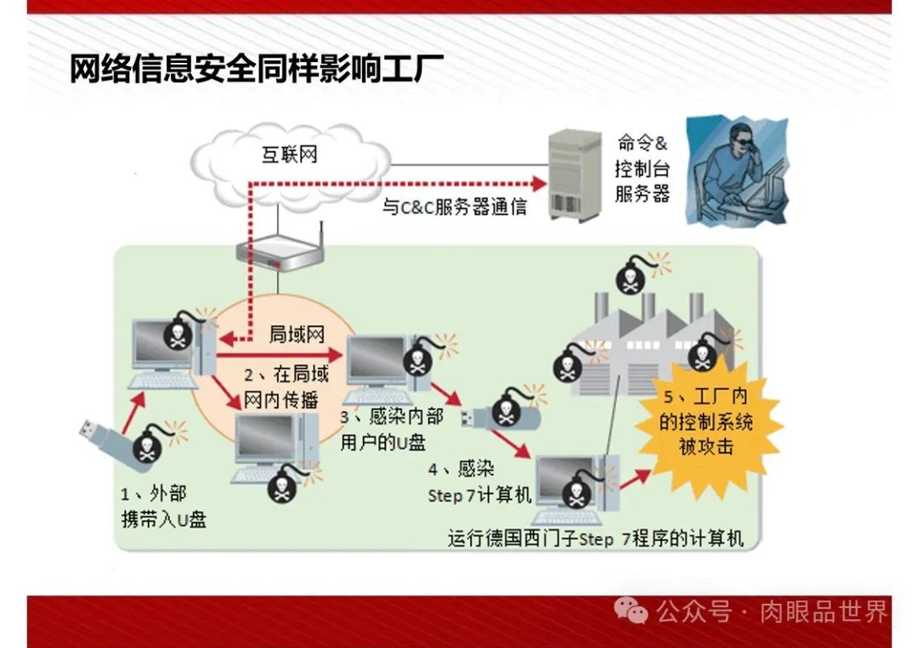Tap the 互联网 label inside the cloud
(x=289, y=155)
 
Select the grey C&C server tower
(x=574, y=174)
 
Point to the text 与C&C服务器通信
(x=454, y=206)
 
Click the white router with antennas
(x=280, y=249)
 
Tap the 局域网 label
(x=297, y=334)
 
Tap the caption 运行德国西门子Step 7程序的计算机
(x=596, y=538)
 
